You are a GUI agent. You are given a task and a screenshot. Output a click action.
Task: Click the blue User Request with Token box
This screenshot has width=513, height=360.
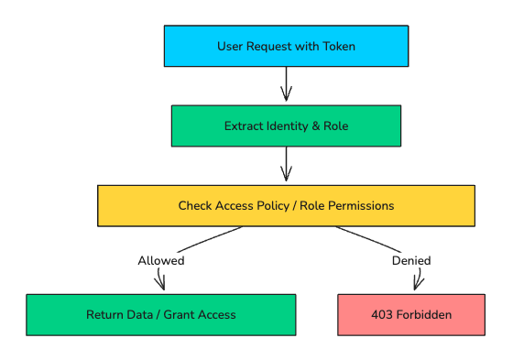pos(286,46)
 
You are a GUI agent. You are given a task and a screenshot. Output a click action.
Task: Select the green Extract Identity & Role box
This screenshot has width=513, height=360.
pos(286,125)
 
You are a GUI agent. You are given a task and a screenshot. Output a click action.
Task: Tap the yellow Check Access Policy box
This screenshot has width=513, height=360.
pos(286,205)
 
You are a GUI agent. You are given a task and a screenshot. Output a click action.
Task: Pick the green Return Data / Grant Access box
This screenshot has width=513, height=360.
pos(160,314)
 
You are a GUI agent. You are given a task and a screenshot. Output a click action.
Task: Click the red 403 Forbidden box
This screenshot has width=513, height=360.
pos(411,314)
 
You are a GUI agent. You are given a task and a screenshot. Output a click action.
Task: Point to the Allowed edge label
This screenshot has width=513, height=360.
pos(161,260)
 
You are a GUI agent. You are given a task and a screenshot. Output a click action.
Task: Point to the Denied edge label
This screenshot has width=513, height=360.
pos(411,260)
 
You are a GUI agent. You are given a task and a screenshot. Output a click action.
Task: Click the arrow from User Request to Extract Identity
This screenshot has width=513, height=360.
pos(286,85)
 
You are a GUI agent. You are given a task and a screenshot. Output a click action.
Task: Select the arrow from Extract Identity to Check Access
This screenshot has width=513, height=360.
pos(286,165)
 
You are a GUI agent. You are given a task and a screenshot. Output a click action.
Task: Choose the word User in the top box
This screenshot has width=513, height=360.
pos(231,46)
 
